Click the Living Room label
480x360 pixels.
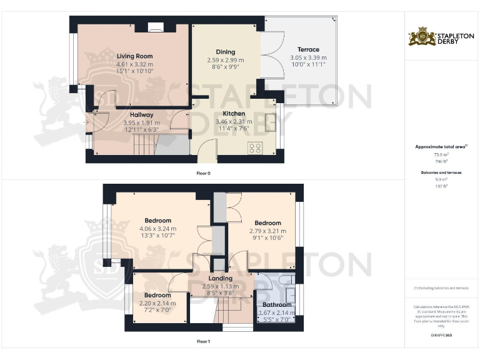point(134,56)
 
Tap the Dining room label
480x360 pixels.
point(226,52)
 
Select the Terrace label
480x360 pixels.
point(308,49)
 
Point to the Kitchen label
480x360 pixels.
point(233,114)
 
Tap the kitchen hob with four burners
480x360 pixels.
point(255,148)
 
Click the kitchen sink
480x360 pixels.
point(271,122)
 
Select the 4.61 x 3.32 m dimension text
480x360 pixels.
point(134,64)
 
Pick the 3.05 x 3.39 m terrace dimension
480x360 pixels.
point(308,57)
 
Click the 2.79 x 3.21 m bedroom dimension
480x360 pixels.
point(267,231)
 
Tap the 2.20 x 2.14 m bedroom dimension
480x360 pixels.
point(157,303)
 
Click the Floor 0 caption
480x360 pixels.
point(204,172)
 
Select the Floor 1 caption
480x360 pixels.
point(204,341)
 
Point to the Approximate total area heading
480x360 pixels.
point(442,146)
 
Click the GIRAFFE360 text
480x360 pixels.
point(442,336)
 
